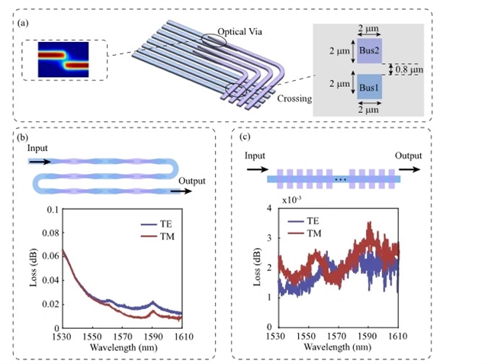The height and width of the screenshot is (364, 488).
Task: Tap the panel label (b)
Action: pyautogui.click(x=26, y=136)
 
